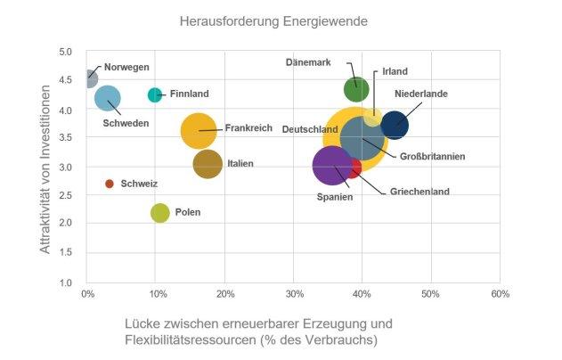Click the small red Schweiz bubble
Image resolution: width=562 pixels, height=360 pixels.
point(110,184)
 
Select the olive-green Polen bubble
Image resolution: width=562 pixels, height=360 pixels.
point(160,212)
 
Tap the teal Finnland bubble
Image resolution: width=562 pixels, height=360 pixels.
point(155,94)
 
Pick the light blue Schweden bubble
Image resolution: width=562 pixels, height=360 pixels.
point(108,98)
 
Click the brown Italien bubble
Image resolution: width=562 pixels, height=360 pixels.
point(208,164)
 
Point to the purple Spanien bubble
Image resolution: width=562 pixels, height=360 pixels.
point(331,165)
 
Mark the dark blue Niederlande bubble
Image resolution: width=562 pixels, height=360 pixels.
point(393,126)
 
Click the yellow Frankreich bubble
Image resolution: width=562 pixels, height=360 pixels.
point(198,131)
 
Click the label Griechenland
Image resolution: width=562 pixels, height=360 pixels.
point(419,191)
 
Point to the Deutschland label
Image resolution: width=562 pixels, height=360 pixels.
point(310,129)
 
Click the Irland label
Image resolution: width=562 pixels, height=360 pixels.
point(395,71)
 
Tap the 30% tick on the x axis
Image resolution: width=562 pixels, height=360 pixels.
point(295,293)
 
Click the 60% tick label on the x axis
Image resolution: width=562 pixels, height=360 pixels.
point(500,293)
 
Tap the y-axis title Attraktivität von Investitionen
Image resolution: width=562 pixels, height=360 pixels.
point(46,167)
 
